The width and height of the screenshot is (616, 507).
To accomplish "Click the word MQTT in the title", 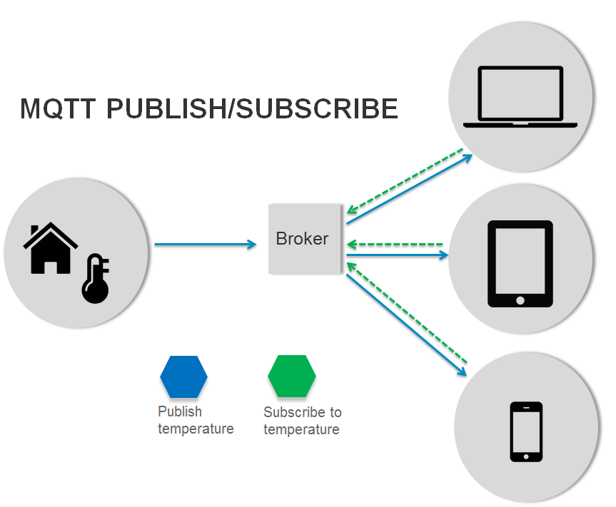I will click(x=59, y=108).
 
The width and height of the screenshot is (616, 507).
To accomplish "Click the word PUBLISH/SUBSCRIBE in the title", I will click(x=252, y=108).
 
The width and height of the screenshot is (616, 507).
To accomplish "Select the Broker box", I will click(x=304, y=239).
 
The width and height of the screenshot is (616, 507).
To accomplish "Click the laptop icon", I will click(x=520, y=98).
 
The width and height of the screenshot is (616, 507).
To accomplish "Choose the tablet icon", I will click(x=520, y=263).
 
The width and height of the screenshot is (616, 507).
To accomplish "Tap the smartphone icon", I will click(x=526, y=431).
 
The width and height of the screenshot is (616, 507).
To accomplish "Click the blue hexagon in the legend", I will click(x=183, y=376).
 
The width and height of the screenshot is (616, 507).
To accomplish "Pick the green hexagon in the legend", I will click(x=291, y=376).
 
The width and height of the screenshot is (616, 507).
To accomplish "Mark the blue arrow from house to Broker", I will click(x=205, y=245).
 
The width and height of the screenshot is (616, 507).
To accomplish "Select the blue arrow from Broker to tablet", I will click(x=400, y=254).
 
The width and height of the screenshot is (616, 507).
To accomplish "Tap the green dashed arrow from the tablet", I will click(x=396, y=245).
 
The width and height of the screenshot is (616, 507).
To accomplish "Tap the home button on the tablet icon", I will click(x=520, y=299).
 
